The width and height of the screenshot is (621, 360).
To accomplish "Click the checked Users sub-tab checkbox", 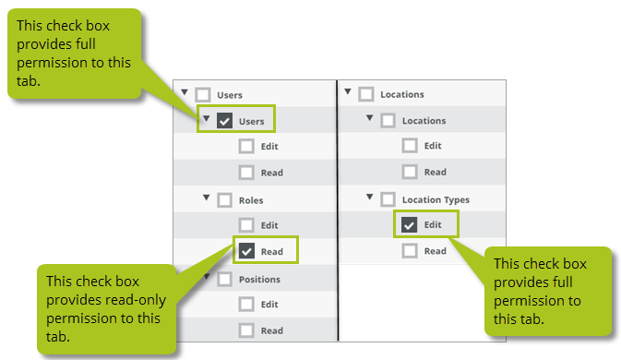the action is coord(224,120).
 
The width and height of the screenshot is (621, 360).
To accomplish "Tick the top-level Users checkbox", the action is coord(203,95).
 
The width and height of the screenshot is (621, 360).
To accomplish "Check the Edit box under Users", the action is coord(246,146).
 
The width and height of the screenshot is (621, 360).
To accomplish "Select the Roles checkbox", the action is coord(224,200).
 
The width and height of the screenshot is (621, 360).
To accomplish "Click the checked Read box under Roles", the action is coord(246,251).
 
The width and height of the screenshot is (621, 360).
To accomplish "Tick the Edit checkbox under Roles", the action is coord(246,225).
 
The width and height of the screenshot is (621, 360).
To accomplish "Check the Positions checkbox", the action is coord(224,279).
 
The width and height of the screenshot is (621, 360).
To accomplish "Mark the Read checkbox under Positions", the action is coord(246,330).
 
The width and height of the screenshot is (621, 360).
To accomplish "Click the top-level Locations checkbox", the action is coord(366,94).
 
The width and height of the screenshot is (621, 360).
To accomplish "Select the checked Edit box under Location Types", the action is coord(409,224).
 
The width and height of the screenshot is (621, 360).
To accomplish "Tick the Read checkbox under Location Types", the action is coord(410,251).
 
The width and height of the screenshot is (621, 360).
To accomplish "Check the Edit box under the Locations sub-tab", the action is coord(410,145).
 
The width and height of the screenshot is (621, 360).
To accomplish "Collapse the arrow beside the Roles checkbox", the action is coord(206,198).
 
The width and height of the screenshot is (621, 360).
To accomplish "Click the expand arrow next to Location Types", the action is coord(369,197).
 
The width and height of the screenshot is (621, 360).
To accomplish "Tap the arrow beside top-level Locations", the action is coord(348,91).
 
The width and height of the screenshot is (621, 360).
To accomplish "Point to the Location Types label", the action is coord(436,200).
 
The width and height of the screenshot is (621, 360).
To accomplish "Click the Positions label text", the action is coord(259,279).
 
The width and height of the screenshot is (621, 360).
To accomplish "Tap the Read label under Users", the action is coord(271,173).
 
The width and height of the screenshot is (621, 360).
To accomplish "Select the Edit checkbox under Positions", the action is coord(246,305).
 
